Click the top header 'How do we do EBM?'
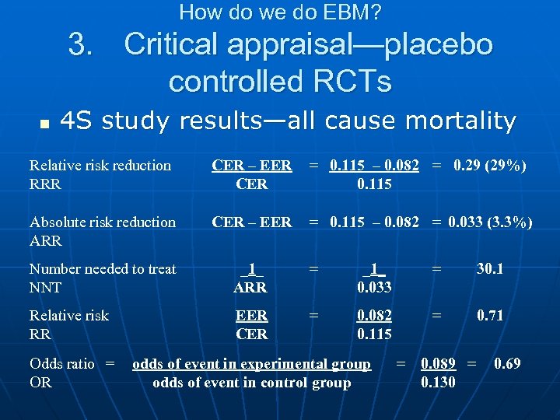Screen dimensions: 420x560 pos(280,12)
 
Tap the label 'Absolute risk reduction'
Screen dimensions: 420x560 pos(103,222)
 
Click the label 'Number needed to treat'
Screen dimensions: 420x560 pos(103,269)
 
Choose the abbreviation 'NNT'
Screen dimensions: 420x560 pos(45,288)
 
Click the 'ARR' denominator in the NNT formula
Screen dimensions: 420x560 pos(250,288)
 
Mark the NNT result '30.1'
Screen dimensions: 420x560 pos(490,269)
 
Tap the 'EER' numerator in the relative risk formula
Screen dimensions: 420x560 pos(252,316)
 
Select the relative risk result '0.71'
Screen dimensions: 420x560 pos(490,316)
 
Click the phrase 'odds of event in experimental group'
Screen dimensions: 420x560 pos(251,363)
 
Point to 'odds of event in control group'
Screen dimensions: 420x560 pos(251,382)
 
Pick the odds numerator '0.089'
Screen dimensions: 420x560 pos(439,363)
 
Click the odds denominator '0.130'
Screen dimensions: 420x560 pos(439,382)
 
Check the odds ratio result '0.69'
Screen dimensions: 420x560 pos(507,363)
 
